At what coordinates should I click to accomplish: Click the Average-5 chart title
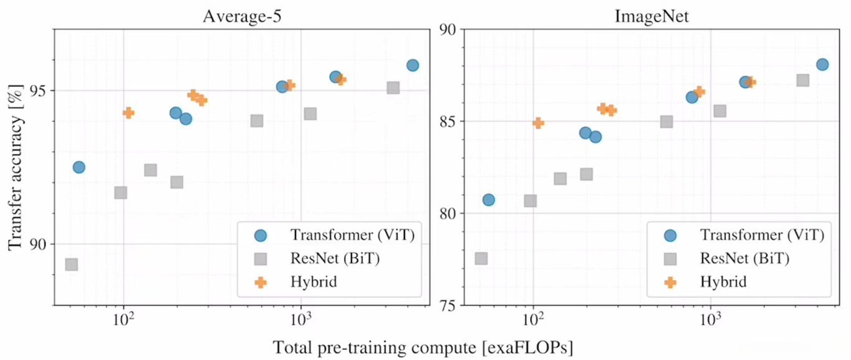pos(239,16)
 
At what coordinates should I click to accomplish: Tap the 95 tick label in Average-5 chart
pos(37,91)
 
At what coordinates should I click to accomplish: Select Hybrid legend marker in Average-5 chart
pos(261,282)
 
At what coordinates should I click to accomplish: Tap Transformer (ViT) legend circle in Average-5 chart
pos(261,235)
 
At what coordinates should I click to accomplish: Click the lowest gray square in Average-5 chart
pos(72,264)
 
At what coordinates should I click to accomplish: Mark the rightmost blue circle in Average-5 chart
pos(412,65)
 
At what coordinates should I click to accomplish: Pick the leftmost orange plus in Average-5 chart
pos(128,113)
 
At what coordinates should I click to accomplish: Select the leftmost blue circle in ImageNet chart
pos(488,200)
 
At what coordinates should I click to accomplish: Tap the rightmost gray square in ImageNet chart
pos(802,80)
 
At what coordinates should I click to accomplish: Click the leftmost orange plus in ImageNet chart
pos(538,122)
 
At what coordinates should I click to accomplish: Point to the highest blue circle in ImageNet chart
pos(822,64)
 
